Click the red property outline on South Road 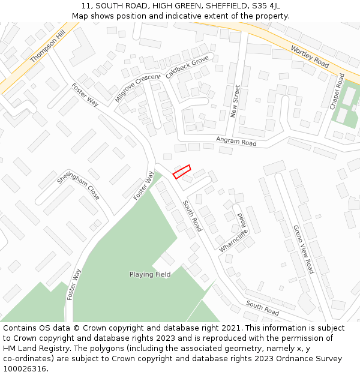pyautogui.click(x=182, y=172)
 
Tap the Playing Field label pyautogui.click(x=150, y=274)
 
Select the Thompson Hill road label pyautogui.click(x=47, y=47)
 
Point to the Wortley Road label pyautogui.click(x=310, y=56)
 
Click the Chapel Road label pyautogui.click(x=337, y=91)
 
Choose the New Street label pyautogui.click(x=236, y=101)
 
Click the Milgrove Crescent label pyautogui.click(x=137, y=88)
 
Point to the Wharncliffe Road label pyautogui.click(x=234, y=233)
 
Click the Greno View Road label pyautogui.click(x=304, y=249)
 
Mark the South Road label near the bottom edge pyautogui.click(x=262, y=308)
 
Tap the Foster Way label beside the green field pyautogui.click(x=143, y=185)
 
